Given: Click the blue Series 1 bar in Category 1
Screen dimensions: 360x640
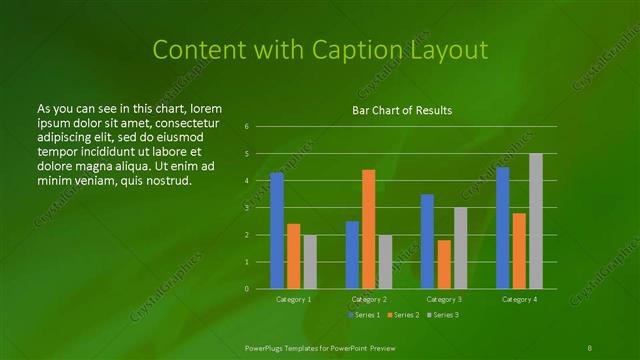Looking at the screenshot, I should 277,230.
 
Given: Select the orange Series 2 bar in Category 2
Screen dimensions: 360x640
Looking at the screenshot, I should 369,229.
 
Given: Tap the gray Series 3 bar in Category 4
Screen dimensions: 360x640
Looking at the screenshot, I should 536,221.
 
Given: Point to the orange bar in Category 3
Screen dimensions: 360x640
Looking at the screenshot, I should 444,264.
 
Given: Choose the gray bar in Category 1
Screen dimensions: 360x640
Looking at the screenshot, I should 310,261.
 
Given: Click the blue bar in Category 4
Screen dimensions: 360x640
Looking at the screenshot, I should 503,228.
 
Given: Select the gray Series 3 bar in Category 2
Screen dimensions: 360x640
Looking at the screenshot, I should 385,261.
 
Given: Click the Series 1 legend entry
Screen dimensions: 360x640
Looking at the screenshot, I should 363,316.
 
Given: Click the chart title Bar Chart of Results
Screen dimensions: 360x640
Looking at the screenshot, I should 402,110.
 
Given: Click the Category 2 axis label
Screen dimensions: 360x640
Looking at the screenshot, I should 369,299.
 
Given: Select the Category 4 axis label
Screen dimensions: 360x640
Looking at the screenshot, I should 519,299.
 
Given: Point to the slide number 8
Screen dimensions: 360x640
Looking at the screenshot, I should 590,347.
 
